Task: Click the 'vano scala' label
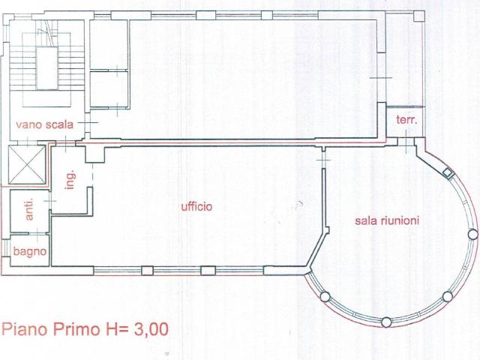45,125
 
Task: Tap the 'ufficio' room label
196,207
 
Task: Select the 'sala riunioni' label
387,220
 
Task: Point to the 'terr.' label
406,120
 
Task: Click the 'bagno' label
30,251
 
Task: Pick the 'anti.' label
29,209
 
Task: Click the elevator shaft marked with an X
27,165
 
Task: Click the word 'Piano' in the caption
25,329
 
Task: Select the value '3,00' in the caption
151,330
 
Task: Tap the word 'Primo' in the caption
76,329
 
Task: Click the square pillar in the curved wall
448,173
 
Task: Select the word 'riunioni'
400,220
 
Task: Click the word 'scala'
59,125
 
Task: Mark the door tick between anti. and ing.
50,201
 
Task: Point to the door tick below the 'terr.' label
406,142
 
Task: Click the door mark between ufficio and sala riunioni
323,160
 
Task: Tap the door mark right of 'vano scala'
88,123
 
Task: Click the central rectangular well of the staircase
46,68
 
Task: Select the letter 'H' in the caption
111,329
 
